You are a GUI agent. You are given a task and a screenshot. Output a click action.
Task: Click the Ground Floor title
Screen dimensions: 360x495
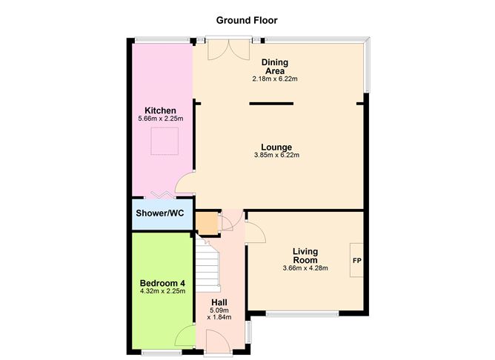coord(247,20)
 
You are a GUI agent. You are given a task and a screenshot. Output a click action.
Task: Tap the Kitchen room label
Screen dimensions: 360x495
coord(161,110)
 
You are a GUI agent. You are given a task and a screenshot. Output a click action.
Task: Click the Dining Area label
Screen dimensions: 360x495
coord(275,67)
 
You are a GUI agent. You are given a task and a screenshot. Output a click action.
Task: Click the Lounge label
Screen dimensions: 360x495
coord(275,147)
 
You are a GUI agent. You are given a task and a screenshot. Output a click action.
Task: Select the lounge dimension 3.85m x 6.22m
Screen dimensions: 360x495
coord(275,155)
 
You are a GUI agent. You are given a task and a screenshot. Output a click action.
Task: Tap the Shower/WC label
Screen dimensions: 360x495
coord(160,213)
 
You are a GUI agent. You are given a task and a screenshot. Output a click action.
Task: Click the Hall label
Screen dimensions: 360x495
coord(219,302)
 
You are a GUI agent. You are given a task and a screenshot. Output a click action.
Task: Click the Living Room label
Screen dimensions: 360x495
coord(305,256)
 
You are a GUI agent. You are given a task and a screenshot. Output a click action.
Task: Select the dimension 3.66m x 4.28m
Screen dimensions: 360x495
coord(305,268)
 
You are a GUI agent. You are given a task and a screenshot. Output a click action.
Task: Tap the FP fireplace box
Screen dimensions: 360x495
coord(356,261)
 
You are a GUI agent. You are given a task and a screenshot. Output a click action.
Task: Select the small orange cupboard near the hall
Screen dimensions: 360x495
coord(207,221)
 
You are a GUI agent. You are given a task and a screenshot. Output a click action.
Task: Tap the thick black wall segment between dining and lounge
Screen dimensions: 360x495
coord(271,104)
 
